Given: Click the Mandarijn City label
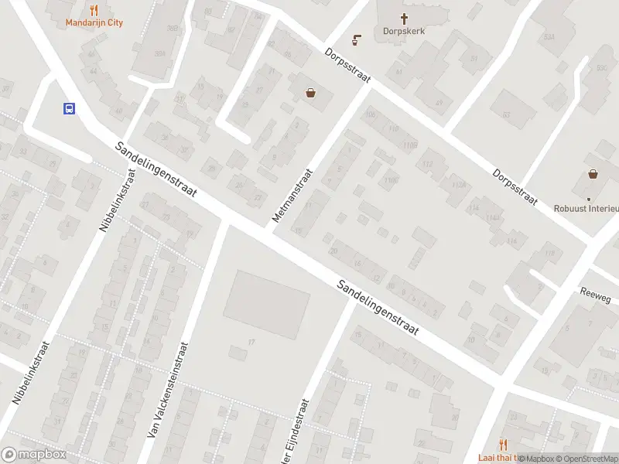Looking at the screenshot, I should [x=94, y=23].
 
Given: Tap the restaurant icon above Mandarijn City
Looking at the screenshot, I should [x=94, y=10].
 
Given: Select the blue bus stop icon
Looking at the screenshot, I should [x=69, y=109].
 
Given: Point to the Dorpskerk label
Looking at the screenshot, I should [x=403, y=32].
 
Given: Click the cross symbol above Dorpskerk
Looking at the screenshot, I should [x=403, y=18].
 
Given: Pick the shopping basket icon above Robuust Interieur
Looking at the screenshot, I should [x=593, y=174].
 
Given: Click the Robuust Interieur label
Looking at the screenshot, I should [x=587, y=208].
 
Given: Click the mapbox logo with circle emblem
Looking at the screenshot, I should [x=34, y=455].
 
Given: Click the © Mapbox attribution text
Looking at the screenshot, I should [x=535, y=459].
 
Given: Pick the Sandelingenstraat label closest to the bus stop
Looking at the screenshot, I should [x=156, y=170].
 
